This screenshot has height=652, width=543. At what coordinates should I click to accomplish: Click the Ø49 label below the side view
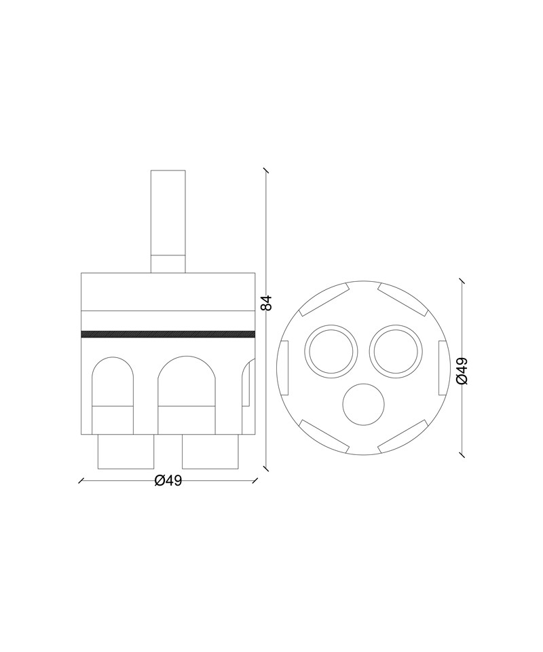pos(168,481)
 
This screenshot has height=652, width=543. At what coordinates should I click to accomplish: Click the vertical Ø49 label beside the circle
pos(462,371)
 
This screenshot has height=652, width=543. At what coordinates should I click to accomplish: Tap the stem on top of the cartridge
pos(168,221)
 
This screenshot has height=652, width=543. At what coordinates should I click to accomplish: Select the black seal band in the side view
pos(168,334)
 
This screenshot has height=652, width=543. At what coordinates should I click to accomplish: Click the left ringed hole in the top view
pos(331,351)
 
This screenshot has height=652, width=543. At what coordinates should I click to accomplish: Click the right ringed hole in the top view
pos(396,351)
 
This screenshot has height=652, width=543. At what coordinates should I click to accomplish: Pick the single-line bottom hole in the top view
pos(364,405)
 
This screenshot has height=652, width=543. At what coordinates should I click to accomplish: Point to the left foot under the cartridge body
pos(126,452)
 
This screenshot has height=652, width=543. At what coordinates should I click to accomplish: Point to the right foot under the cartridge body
pos(210,452)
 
